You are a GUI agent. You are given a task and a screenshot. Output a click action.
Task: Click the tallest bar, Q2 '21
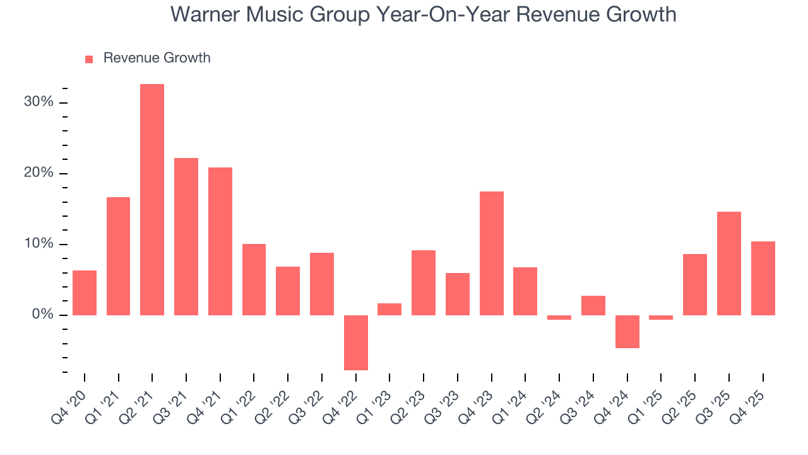coord(152,200)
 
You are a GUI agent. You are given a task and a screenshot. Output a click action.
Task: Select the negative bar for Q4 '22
coord(356,343)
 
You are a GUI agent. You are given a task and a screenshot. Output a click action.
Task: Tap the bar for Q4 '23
coord(492,253)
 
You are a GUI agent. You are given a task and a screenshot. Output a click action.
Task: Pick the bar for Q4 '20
coord(85,293)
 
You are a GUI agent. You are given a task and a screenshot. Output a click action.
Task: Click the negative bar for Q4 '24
coord(627,331)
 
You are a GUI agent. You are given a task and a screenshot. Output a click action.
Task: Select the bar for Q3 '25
coord(729,263)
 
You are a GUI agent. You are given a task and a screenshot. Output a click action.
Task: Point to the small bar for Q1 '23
coord(389,309)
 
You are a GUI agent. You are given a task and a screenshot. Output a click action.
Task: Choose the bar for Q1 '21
coord(119,256)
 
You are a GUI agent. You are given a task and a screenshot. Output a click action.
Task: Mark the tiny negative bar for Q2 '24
coord(559,317)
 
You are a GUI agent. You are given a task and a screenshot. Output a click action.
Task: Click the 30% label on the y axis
coord(39,102)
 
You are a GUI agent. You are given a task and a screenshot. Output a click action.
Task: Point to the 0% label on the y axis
coord(42,315)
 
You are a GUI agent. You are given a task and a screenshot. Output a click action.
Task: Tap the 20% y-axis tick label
coord(39,173)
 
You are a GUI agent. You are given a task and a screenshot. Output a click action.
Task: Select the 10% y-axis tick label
coord(39,244)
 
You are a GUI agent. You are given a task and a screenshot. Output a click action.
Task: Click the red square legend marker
coord(89,59)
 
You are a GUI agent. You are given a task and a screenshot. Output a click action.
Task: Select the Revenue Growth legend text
coord(157,58)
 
